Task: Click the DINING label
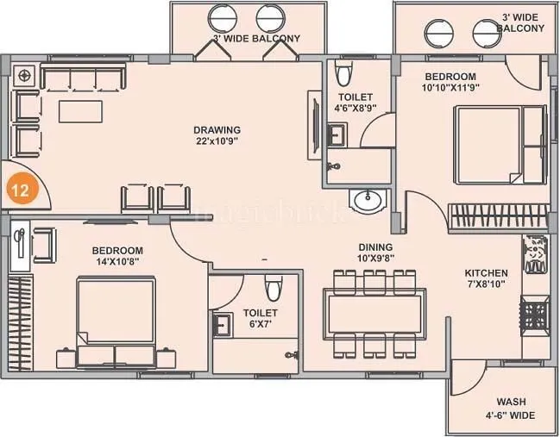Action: pos(375,247)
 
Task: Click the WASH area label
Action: pos(511,402)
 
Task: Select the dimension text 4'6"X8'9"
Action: pos(355,108)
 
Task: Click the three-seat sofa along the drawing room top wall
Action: pos(82,80)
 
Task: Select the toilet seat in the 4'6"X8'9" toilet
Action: pos(343,70)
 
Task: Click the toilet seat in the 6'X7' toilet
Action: pos(273,287)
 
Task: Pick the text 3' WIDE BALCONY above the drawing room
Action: pos(256,39)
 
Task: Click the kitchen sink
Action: pos(535,253)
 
